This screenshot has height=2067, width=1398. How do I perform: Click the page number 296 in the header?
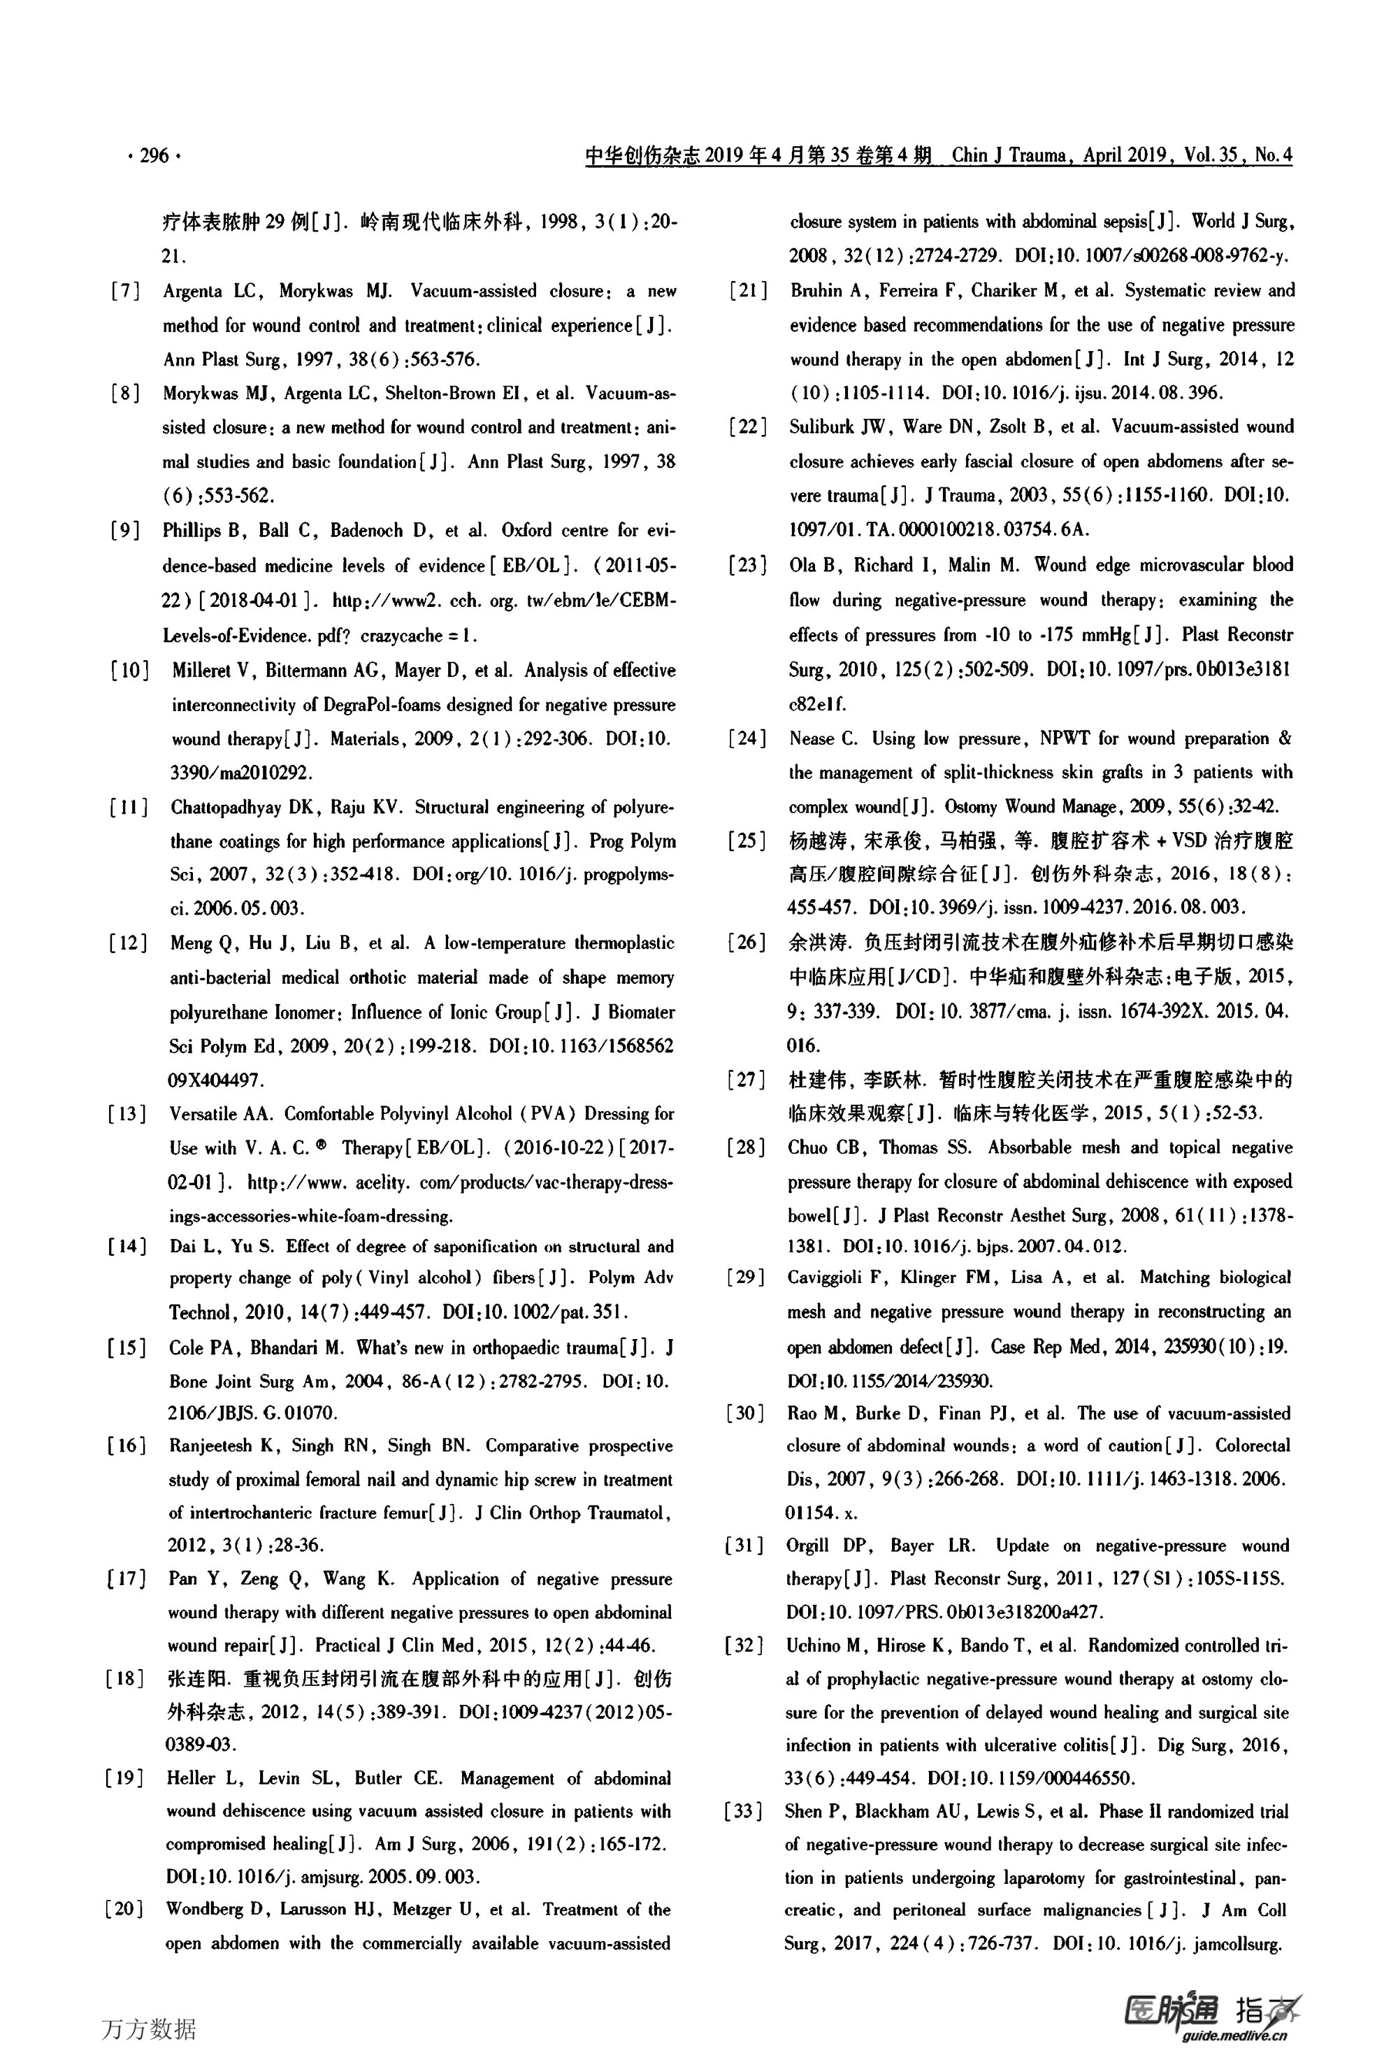(x=154, y=156)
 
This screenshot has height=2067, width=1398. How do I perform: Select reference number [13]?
(x=127, y=1113)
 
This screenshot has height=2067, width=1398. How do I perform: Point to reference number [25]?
(x=746, y=841)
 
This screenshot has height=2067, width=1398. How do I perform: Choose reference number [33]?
(x=744, y=1811)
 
